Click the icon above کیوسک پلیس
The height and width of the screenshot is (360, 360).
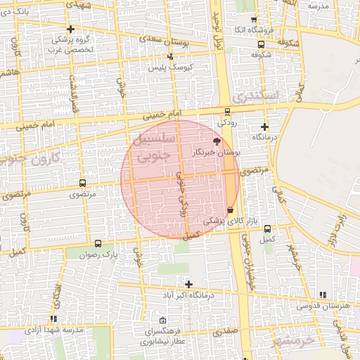point(169,57)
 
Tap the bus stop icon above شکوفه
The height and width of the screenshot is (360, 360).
point(262,44)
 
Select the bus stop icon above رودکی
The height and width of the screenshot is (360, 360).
point(226,111)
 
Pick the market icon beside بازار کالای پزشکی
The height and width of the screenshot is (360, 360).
point(231,209)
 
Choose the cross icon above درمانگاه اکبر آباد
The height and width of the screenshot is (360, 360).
point(188,284)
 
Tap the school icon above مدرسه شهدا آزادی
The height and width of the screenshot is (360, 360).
point(54,319)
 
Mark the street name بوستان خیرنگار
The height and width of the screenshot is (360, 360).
point(217,152)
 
